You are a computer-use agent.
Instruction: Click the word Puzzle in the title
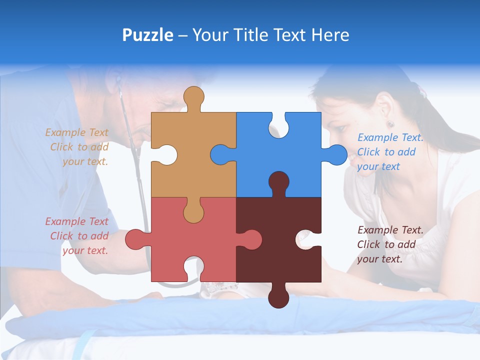[148, 35]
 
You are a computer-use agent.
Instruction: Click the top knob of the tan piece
[193, 98]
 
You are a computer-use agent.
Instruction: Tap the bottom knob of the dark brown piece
[278, 296]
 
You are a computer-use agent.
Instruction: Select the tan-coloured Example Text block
[77, 147]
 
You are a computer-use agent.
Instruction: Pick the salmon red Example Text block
[77, 236]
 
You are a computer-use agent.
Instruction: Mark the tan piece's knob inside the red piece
[193, 211]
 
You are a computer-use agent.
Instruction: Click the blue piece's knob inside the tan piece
[222, 154]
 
